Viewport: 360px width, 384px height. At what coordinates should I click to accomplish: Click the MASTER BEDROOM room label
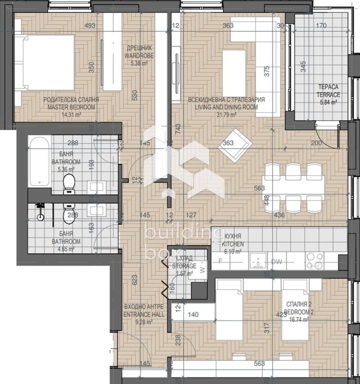(x=71, y=107)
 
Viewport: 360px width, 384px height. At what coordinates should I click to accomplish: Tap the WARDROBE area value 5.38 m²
(x=139, y=64)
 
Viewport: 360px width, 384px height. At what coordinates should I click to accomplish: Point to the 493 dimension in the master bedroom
(x=90, y=26)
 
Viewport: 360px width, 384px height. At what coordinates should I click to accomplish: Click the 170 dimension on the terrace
(x=321, y=26)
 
